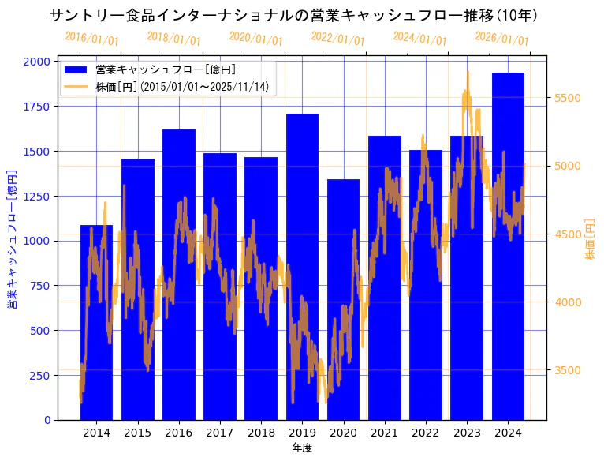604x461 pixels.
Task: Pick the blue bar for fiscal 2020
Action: point(343,300)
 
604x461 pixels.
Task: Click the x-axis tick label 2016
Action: point(178,433)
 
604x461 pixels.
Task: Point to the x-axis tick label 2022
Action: point(426,433)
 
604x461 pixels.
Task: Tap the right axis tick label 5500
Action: point(569,98)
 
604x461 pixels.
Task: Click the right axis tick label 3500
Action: point(569,370)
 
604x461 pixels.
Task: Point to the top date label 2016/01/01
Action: point(92,39)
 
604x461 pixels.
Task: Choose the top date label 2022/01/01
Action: point(338,39)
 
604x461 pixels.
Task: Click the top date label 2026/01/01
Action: point(502,39)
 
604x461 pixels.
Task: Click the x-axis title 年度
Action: point(302,448)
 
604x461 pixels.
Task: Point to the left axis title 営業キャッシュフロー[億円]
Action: point(12,239)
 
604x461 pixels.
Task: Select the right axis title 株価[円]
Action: point(591,240)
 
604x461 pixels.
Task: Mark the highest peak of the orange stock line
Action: point(468,72)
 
